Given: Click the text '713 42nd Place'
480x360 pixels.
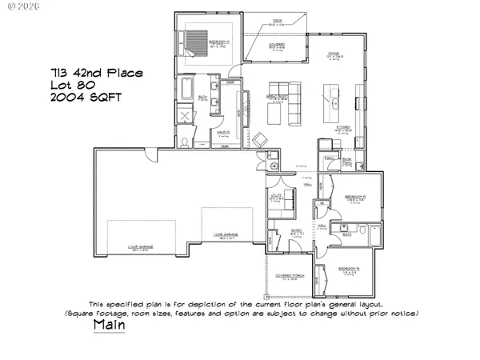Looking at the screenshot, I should tap(106, 74).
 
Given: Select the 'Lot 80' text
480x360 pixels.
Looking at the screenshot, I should tap(89, 86).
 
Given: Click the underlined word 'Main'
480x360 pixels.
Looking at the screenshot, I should tap(109, 326).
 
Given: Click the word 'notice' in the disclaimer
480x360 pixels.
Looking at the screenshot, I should tap(402, 313).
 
